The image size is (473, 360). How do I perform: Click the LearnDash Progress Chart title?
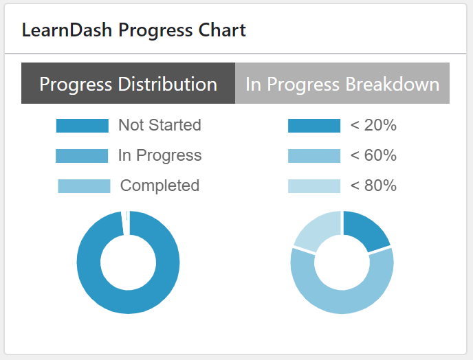(134, 30)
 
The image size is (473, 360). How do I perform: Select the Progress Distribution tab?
(129, 84)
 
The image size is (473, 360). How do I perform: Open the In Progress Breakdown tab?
(342, 84)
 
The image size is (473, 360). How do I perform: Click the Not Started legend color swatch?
(82, 126)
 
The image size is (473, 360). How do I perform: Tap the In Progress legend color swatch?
(82, 156)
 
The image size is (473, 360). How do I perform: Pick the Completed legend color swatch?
(84, 186)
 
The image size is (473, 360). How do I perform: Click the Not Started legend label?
(159, 125)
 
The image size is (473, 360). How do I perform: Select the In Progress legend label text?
(159, 155)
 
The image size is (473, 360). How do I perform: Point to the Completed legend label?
(159, 185)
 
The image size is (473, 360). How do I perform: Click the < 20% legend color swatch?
(314, 126)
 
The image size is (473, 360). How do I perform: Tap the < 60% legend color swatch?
(314, 156)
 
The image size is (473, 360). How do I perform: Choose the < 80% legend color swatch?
(314, 186)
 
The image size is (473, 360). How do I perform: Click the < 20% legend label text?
(373, 126)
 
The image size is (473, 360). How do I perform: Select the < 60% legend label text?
(373, 156)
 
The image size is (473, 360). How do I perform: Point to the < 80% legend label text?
(373, 186)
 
